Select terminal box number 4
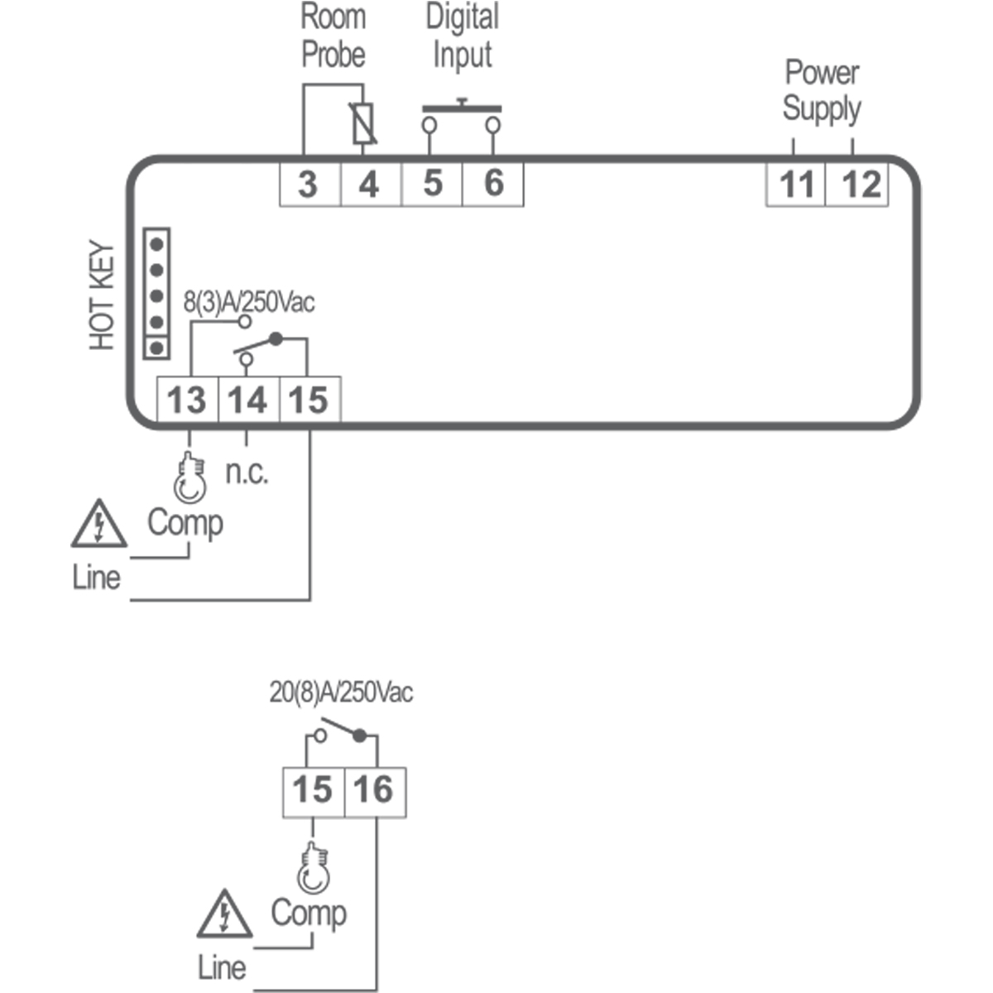(x=370, y=184)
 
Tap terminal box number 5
(x=432, y=184)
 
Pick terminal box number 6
(x=493, y=184)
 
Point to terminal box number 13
(x=187, y=401)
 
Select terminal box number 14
(x=248, y=401)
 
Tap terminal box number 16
(x=374, y=790)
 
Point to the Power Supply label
(x=822, y=90)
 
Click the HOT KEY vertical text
(x=102, y=295)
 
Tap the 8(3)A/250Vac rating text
(x=248, y=302)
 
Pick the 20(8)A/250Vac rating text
(x=341, y=692)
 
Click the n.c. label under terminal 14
(x=247, y=473)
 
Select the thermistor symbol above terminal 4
(x=362, y=124)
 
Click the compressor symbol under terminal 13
(x=189, y=478)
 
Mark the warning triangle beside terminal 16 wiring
(x=224, y=914)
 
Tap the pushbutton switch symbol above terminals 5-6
(x=462, y=117)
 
